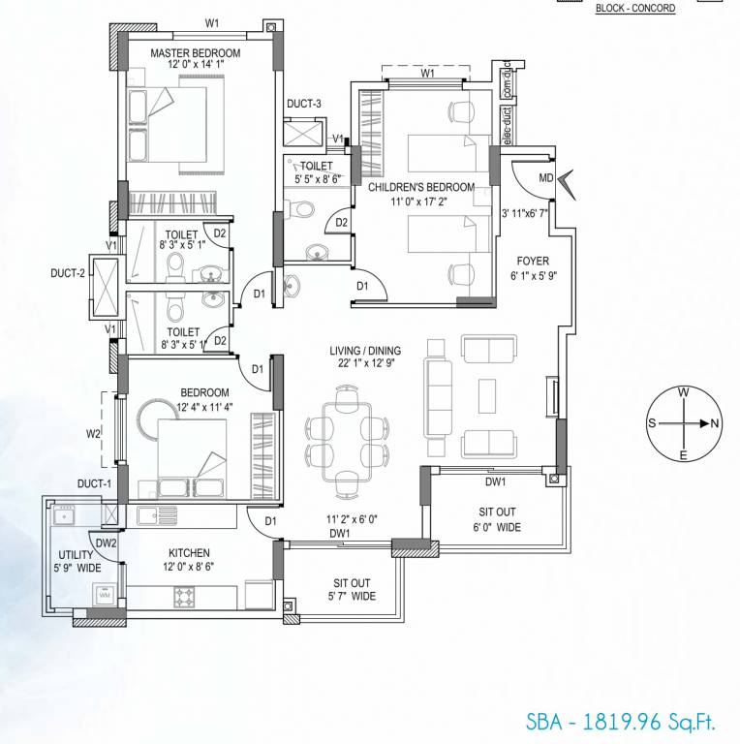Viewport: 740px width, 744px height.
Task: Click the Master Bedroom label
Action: pyautogui.click(x=195, y=53)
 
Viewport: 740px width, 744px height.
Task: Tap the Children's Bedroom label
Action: pyautogui.click(x=420, y=187)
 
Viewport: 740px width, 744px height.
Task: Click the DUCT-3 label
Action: pyautogui.click(x=304, y=104)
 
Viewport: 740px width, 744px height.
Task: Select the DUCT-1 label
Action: pyautogui.click(x=96, y=482)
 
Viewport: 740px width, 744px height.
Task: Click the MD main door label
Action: pyautogui.click(x=546, y=178)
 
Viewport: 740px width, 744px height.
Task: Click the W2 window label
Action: pyautogui.click(x=93, y=434)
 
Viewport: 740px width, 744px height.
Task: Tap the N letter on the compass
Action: pyautogui.click(x=715, y=423)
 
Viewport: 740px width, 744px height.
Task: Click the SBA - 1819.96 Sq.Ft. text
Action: pyautogui.click(x=620, y=722)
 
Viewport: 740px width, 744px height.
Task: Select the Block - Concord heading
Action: pyautogui.click(x=634, y=8)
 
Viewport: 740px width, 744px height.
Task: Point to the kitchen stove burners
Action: pyautogui.click(x=186, y=596)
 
